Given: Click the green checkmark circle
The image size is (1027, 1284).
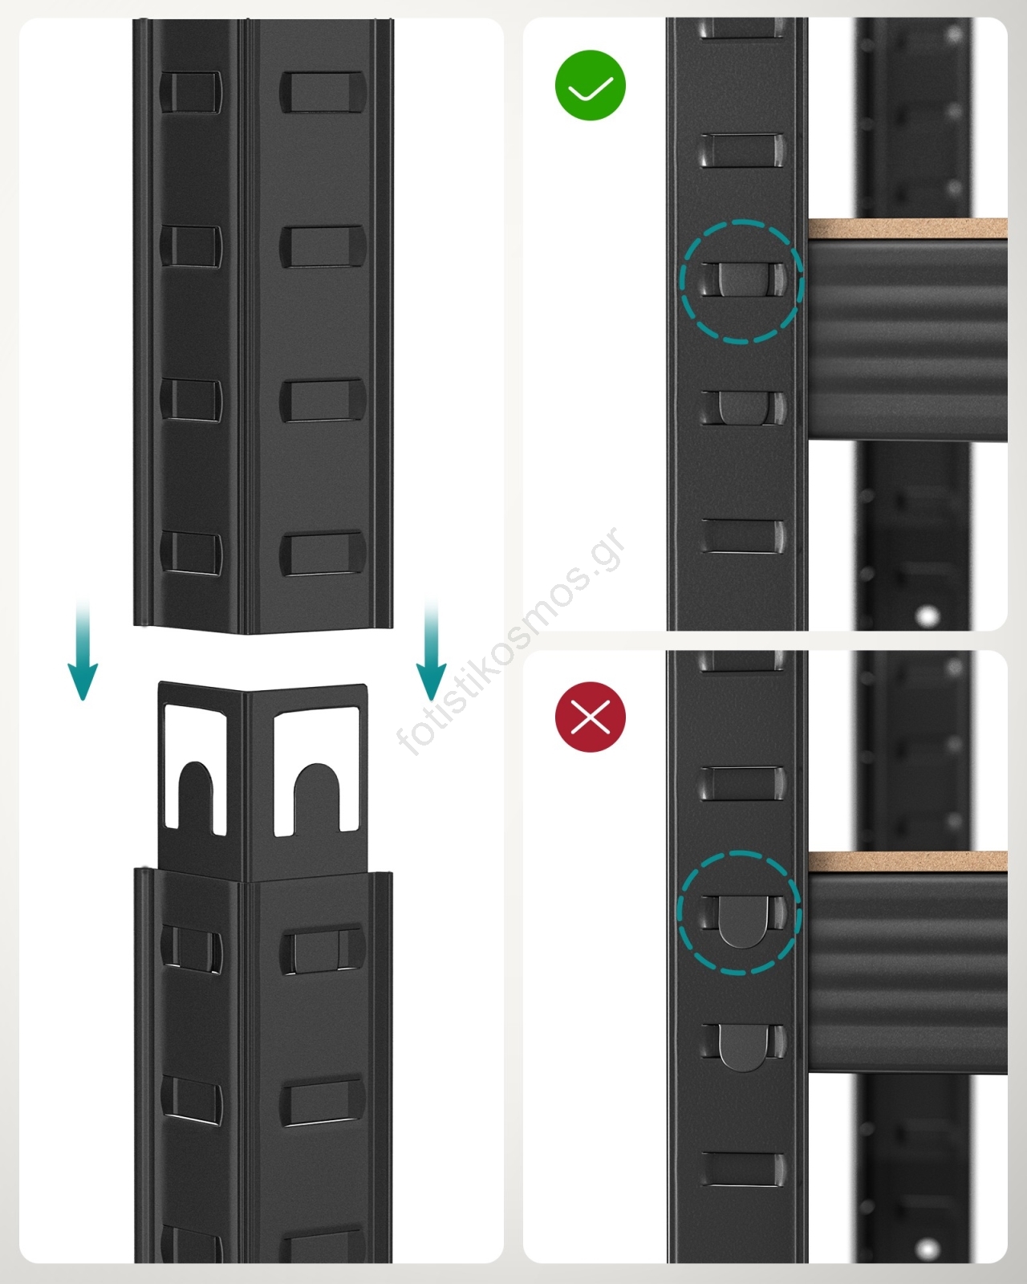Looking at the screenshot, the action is [x=591, y=85].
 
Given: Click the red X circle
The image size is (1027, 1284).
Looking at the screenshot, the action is [x=591, y=717].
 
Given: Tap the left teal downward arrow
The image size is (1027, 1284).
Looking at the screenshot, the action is [x=83, y=650].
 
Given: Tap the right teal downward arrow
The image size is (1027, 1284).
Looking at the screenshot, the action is [x=431, y=650].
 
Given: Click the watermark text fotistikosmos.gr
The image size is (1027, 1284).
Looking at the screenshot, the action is [x=511, y=641].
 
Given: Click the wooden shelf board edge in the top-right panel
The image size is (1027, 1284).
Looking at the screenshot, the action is [x=907, y=229].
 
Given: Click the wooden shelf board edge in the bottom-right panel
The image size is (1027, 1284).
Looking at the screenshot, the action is [x=907, y=862].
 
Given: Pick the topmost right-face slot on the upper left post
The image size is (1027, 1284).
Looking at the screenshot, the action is [x=323, y=92].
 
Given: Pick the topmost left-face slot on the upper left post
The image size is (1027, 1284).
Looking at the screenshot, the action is [x=190, y=92].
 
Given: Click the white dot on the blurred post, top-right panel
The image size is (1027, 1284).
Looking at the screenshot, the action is [x=928, y=616].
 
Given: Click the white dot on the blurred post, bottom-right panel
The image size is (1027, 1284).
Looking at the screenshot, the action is [x=928, y=1247].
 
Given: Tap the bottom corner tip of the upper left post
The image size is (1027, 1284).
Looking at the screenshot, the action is [x=246, y=634].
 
